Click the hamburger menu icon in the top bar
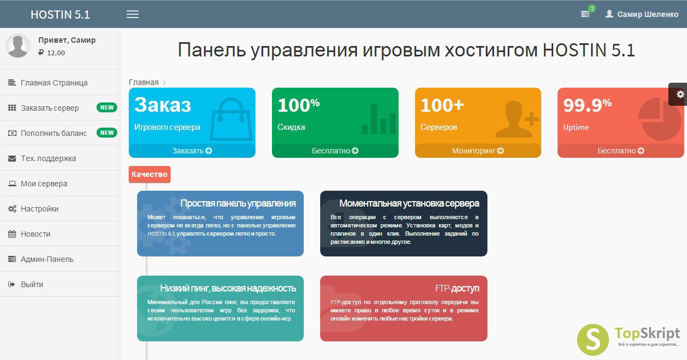133,14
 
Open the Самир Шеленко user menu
641,14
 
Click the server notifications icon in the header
585,14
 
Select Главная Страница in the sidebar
54,83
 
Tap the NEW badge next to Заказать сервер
107,107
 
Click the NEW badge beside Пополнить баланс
107,133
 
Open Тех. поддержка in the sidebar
48,158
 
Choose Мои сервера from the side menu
44,184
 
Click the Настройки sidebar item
39,209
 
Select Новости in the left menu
35,234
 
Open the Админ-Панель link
47,259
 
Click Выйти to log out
32,284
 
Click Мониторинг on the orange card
478,151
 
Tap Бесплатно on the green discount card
335,151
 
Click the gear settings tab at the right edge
678,94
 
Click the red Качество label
149,174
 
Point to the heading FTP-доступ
457,288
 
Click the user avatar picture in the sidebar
18,46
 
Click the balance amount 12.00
56,53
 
